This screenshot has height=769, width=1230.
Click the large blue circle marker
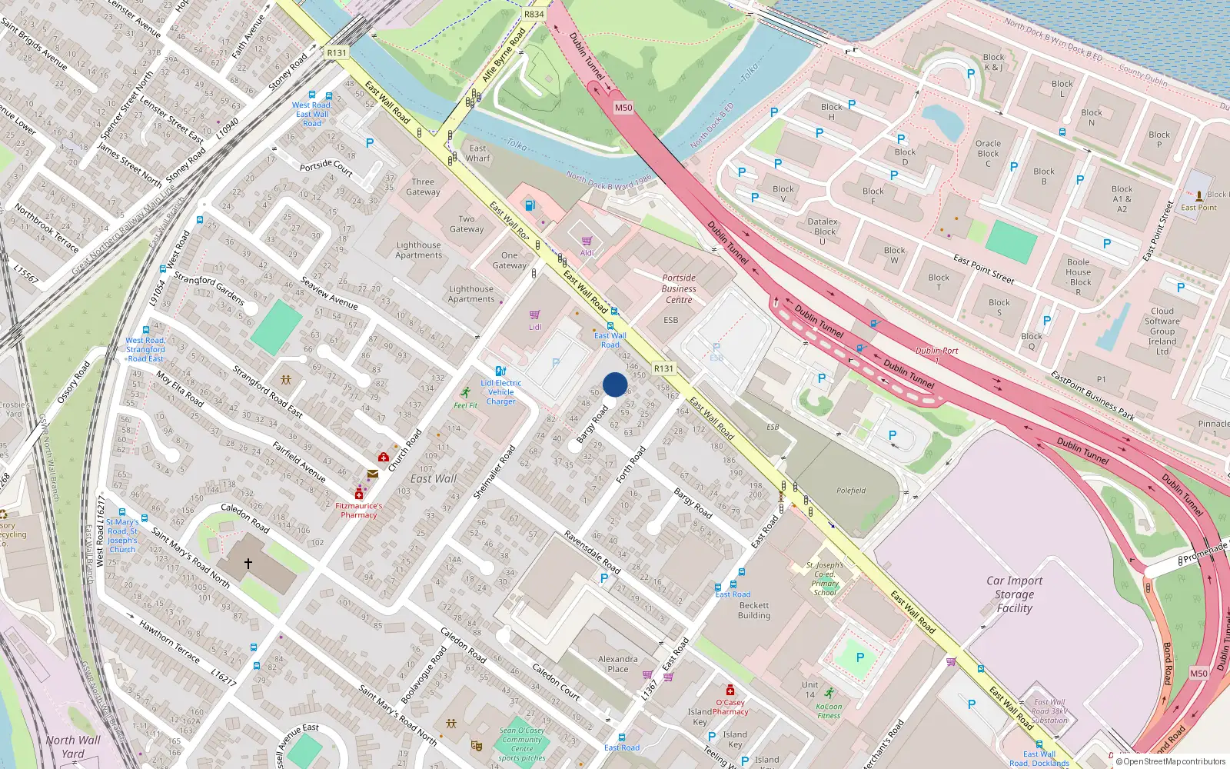point(615,384)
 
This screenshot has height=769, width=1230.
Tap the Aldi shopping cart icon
point(587,241)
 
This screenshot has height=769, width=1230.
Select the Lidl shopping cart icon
point(535,315)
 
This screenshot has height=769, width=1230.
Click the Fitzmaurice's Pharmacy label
point(358,510)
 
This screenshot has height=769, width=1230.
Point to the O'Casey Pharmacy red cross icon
point(730,690)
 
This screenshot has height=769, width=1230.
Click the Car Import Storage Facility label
point(1014,594)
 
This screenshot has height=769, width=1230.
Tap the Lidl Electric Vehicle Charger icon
point(501,371)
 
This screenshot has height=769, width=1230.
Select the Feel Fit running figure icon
point(465,393)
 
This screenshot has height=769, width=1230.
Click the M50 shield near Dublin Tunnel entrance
point(623,108)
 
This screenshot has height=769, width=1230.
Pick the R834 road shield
point(534,14)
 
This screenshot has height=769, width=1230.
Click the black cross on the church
point(248,564)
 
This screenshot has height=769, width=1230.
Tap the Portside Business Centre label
point(679,288)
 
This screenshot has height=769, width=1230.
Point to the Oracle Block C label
point(988,153)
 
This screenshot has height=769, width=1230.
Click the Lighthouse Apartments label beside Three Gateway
point(419,250)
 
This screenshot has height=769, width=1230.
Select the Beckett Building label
point(754,610)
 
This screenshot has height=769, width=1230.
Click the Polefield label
point(851,491)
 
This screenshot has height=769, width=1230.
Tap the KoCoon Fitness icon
point(829,693)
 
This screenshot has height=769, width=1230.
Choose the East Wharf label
point(477,153)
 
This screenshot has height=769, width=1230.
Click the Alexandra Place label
point(618,664)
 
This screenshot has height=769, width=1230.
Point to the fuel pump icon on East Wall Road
point(529,205)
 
